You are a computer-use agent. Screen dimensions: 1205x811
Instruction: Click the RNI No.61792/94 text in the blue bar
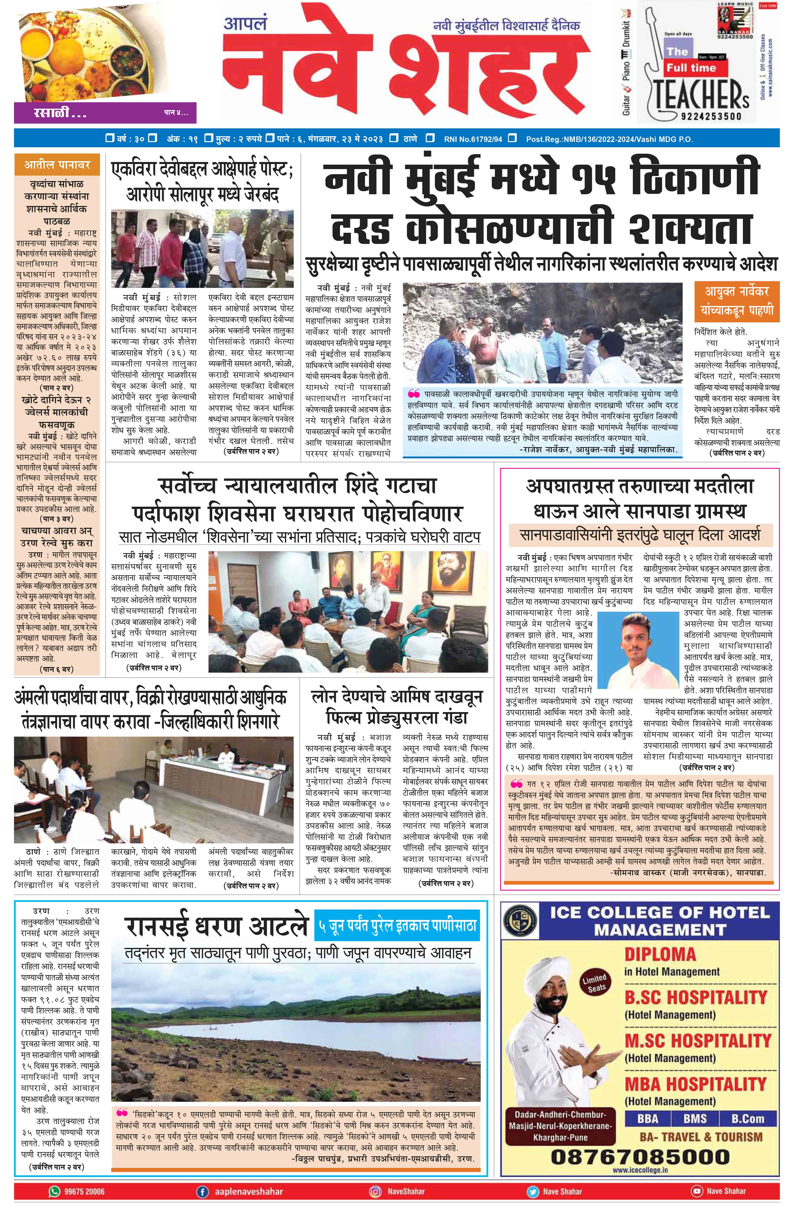473,139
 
